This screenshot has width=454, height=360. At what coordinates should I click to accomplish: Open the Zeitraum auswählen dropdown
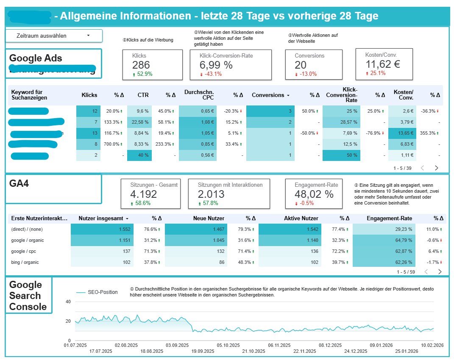pyautogui.click(x=54, y=36)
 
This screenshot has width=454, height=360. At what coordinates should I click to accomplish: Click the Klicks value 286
pyautogui.click(x=141, y=65)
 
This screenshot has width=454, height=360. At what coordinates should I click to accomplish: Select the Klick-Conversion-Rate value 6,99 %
pyautogui.click(x=216, y=65)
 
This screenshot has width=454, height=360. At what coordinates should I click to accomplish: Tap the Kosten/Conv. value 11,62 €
pyautogui.click(x=383, y=64)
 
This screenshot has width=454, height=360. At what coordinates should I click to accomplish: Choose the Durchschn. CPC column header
pyautogui.click(x=199, y=95)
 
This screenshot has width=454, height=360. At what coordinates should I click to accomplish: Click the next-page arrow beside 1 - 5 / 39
pyautogui.click(x=437, y=168)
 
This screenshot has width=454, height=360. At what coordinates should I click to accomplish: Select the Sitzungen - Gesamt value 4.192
pyautogui.click(x=143, y=194)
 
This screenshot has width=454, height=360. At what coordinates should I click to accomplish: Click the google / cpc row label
pyautogui.click(x=25, y=251)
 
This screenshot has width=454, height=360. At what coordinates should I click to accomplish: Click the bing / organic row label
pyautogui.click(x=25, y=262)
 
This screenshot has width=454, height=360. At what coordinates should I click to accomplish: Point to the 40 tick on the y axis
pyautogui.click(x=68, y=302)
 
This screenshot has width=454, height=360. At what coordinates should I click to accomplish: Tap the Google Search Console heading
pyautogui.click(x=28, y=296)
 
